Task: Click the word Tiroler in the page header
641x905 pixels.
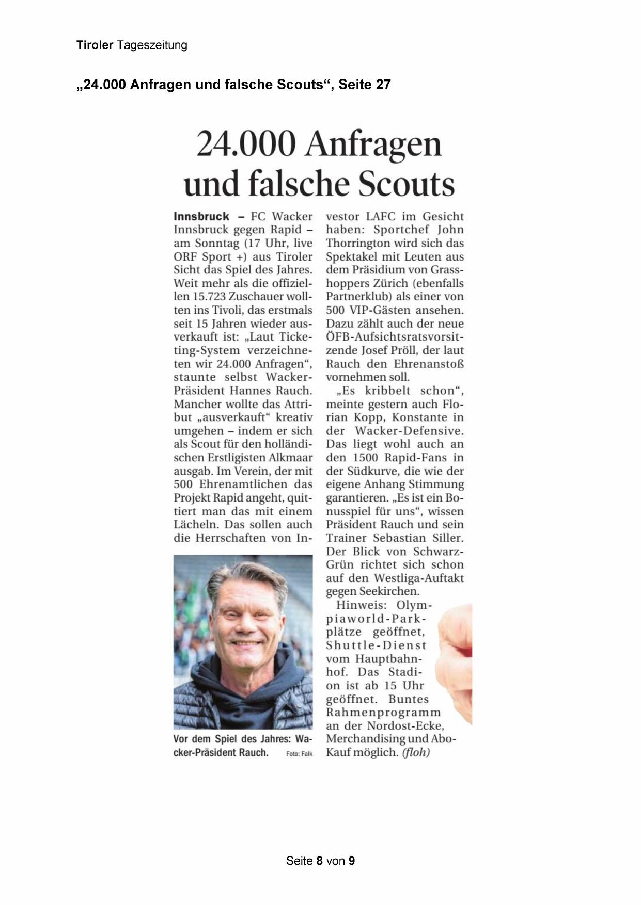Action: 95,45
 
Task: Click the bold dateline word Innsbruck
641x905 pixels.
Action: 201,216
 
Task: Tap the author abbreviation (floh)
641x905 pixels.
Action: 416,753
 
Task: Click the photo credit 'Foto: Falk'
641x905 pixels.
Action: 299,754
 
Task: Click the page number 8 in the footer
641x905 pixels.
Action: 320,861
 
